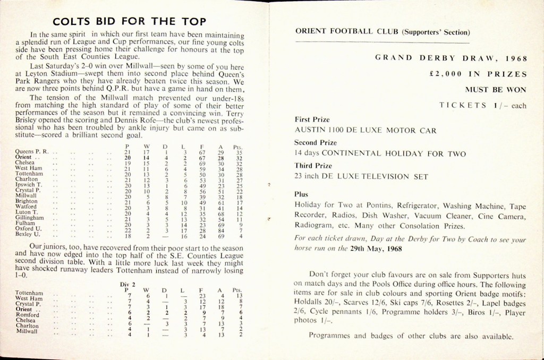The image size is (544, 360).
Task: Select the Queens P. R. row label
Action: point(31,152)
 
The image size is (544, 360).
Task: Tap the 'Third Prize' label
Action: point(311,165)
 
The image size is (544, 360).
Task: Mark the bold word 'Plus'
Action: point(301,194)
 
